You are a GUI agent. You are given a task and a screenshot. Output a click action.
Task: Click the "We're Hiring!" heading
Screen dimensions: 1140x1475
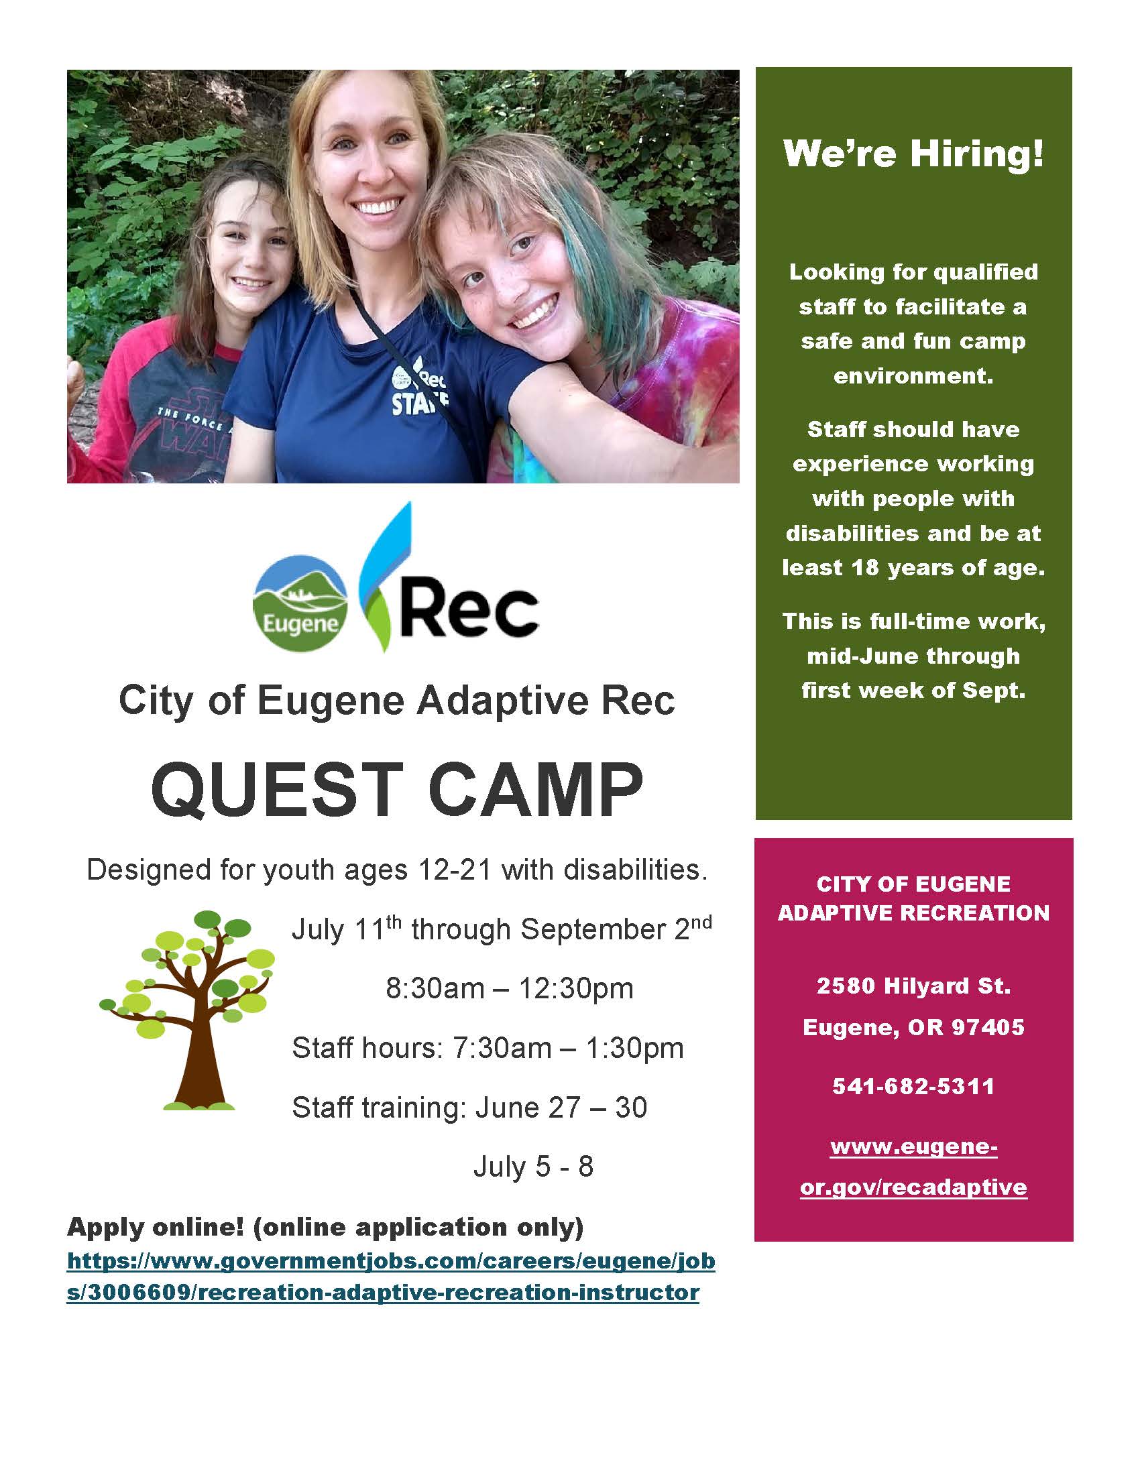click(913, 154)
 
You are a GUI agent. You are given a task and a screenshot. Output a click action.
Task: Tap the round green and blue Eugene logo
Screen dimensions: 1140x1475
click(300, 603)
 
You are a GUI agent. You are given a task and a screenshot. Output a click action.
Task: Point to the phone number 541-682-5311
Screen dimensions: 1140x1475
click(913, 1086)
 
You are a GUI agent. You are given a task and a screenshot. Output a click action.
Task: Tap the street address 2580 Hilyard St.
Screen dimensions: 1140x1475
click(913, 986)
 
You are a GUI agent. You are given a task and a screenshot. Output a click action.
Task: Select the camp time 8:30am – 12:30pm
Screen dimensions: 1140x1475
click(509, 989)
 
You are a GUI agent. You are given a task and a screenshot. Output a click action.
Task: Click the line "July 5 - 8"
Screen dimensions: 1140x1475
click(533, 1167)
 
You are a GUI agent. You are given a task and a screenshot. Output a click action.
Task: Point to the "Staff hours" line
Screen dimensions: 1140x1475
click(488, 1048)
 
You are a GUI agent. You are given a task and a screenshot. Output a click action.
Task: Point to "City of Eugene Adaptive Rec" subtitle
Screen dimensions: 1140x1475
click(397, 701)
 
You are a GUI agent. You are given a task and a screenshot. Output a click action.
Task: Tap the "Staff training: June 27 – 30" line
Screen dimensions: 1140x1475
click(469, 1108)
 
